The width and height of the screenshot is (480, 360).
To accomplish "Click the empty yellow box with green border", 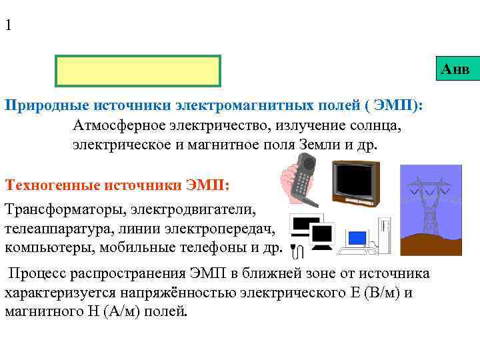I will click(x=138, y=71).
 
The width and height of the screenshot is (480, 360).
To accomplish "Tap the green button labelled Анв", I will click(x=455, y=69).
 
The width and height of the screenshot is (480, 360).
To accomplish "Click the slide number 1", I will click(x=8, y=26).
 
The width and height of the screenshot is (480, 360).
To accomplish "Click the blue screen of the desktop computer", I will click(x=358, y=238).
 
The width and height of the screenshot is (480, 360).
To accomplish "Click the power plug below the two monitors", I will click(x=300, y=251).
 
